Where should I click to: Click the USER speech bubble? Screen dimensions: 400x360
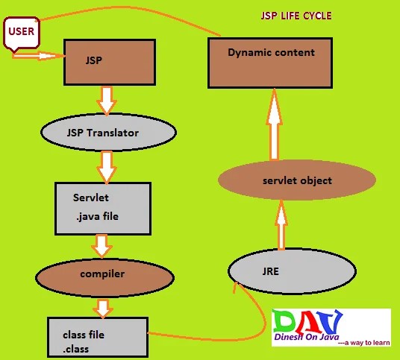(x=22, y=33)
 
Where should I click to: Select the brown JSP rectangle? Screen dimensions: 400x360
(x=110, y=62)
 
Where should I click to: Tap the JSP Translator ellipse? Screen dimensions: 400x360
(x=109, y=133)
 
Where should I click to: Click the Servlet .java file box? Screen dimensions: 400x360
(x=103, y=209)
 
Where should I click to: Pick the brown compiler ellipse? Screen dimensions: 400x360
(x=104, y=278)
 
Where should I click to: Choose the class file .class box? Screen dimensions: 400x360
(x=98, y=337)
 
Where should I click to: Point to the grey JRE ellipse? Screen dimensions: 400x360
(x=292, y=271)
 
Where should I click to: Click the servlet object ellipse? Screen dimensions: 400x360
(x=297, y=180)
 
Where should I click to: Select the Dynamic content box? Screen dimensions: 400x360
(x=270, y=63)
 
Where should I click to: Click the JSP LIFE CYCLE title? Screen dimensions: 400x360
(x=296, y=16)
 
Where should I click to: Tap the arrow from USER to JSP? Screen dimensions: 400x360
(x=38, y=56)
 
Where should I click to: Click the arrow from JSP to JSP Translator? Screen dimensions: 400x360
(x=107, y=101)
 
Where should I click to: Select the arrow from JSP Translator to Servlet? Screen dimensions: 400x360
(x=107, y=167)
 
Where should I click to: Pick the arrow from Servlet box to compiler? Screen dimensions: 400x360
(x=101, y=246)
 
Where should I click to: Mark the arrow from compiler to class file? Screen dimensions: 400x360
(x=103, y=309)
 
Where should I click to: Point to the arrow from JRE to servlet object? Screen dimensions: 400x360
(x=281, y=225)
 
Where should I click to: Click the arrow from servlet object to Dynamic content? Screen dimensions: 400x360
(x=274, y=124)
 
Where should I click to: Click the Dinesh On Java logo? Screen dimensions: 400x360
(x=331, y=328)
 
